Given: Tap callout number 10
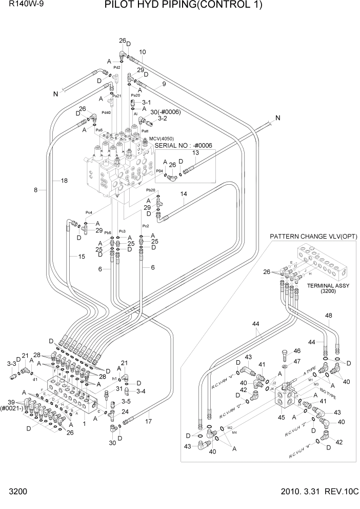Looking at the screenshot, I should (143, 52).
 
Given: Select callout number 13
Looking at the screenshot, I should (195, 153).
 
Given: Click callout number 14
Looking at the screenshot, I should (184, 194).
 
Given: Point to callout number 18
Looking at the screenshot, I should (64, 181).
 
